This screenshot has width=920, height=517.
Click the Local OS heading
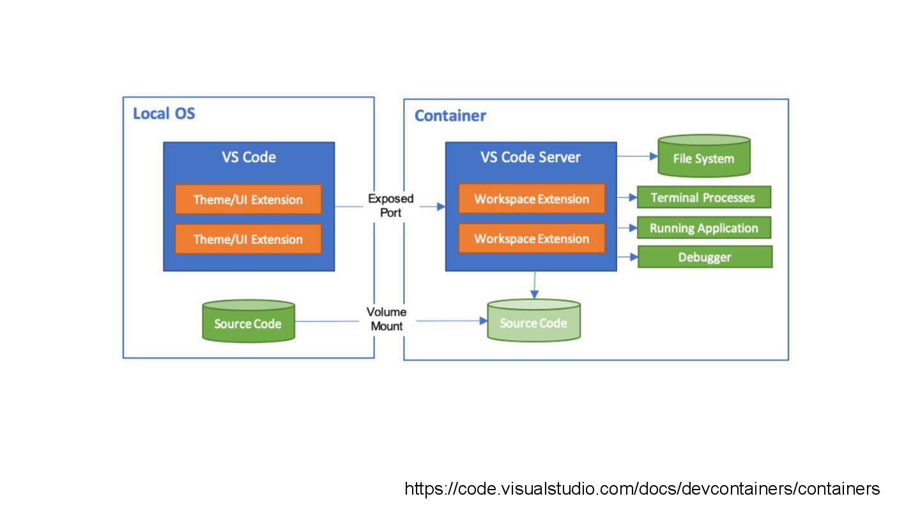(x=164, y=114)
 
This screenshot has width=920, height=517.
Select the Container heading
(x=450, y=116)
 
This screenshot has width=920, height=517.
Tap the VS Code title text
(x=249, y=157)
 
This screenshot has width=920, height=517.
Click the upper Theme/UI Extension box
(x=248, y=200)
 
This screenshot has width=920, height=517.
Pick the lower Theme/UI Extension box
(x=248, y=239)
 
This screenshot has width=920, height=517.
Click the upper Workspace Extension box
(x=532, y=199)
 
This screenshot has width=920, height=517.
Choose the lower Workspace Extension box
(x=532, y=239)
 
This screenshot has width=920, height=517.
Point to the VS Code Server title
(x=530, y=157)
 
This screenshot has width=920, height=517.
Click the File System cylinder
(x=703, y=157)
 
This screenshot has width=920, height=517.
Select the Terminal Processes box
(x=703, y=198)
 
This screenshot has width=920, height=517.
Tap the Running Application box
(x=704, y=228)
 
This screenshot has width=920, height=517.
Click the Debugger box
(x=705, y=257)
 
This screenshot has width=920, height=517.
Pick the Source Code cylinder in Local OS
(x=248, y=322)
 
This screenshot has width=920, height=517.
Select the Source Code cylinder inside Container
(x=533, y=322)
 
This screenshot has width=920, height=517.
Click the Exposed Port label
(x=390, y=206)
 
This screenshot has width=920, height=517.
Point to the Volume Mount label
(x=386, y=319)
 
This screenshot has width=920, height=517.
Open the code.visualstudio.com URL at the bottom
(x=642, y=490)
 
